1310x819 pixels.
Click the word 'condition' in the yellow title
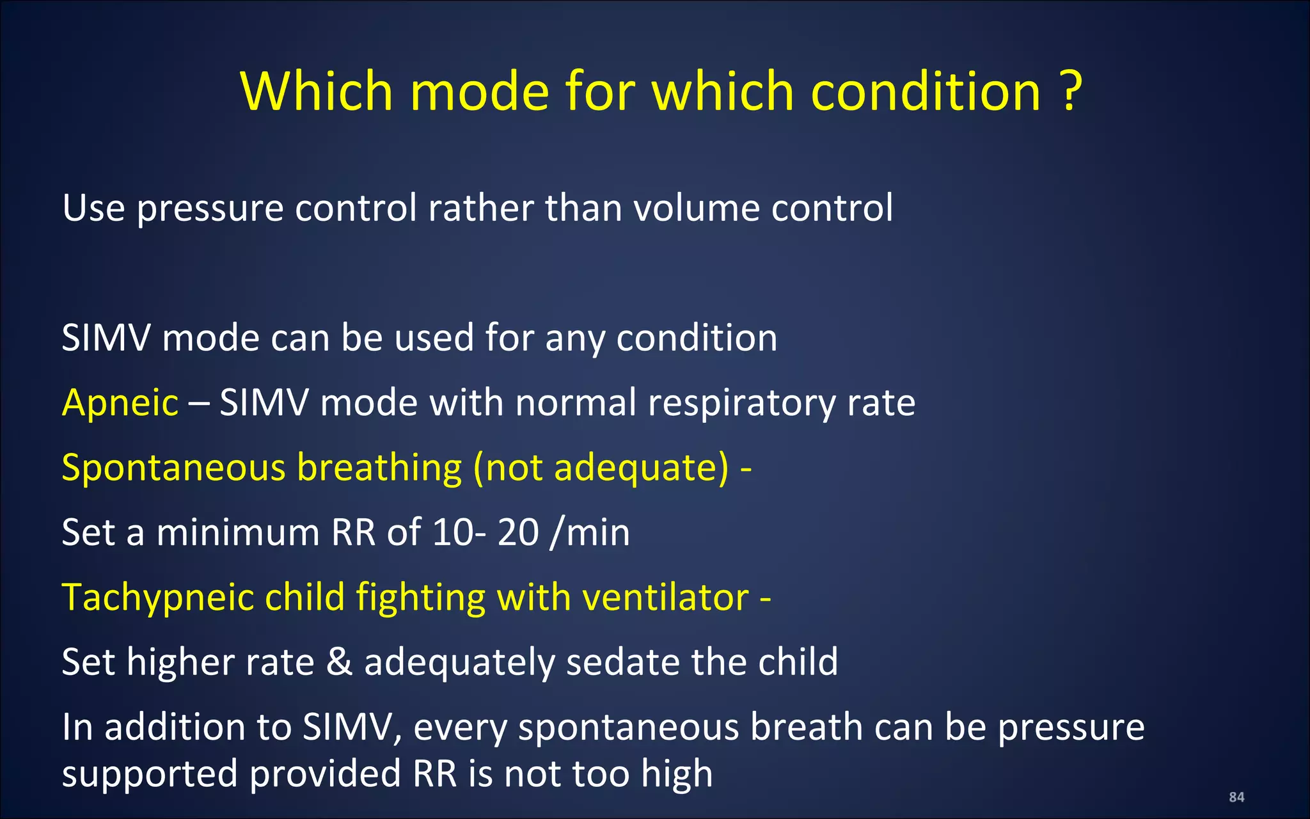(926, 91)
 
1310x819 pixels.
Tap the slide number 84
(1236, 797)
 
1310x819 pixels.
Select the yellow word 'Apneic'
(120, 403)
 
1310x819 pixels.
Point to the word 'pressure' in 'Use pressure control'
(210, 209)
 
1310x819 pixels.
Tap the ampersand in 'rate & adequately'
(339, 662)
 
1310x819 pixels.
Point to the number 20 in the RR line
(518, 532)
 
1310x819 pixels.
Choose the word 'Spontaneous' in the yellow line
(173, 468)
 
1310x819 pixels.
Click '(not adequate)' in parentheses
(601, 468)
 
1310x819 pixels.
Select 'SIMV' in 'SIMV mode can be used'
(106, 338)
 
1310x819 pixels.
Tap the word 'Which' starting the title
(316, 91)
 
